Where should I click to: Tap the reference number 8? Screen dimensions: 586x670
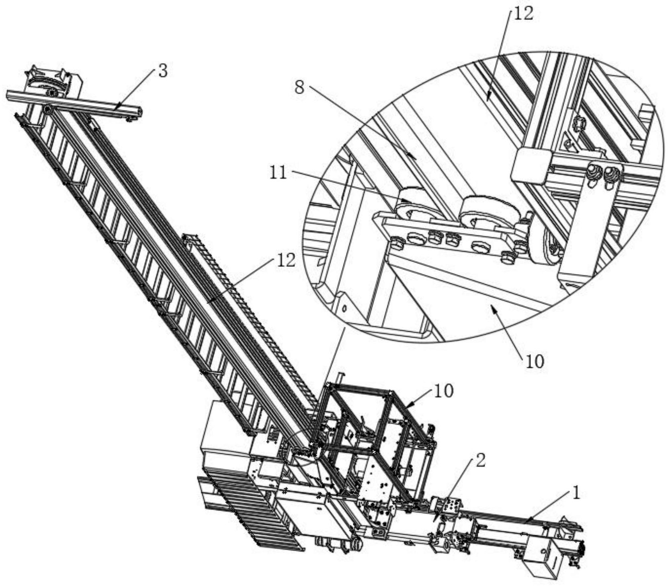[x=300, y=87]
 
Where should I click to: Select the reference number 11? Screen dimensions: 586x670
[x=279, y=173]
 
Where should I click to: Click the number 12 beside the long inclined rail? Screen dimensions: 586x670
[x=286, y=260]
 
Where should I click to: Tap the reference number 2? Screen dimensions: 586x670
[x=480, y=461]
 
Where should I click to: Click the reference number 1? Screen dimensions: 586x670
[x=576, y=493]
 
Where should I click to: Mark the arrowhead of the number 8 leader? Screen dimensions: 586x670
[x=416, y=158]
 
